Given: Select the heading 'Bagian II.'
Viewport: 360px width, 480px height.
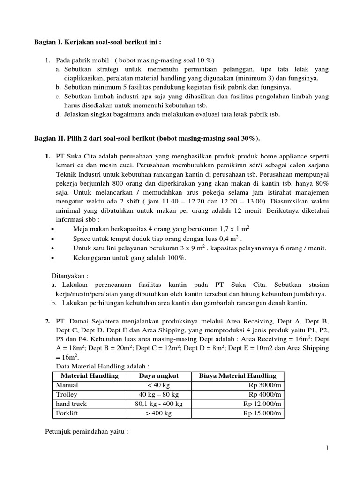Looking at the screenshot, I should click(49, 139).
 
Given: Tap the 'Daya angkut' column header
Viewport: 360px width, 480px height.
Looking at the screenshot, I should click(158, 375).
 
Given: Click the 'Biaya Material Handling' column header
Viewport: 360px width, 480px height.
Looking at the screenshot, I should click(238, 375).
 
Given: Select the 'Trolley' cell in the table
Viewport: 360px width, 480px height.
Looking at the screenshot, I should click(67, 394).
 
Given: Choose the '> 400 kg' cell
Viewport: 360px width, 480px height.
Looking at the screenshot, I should click(158, 413).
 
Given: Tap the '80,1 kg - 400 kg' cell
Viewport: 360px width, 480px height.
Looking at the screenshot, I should click(158, 404).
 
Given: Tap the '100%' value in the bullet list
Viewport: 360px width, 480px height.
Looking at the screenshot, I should click(176, 258).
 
